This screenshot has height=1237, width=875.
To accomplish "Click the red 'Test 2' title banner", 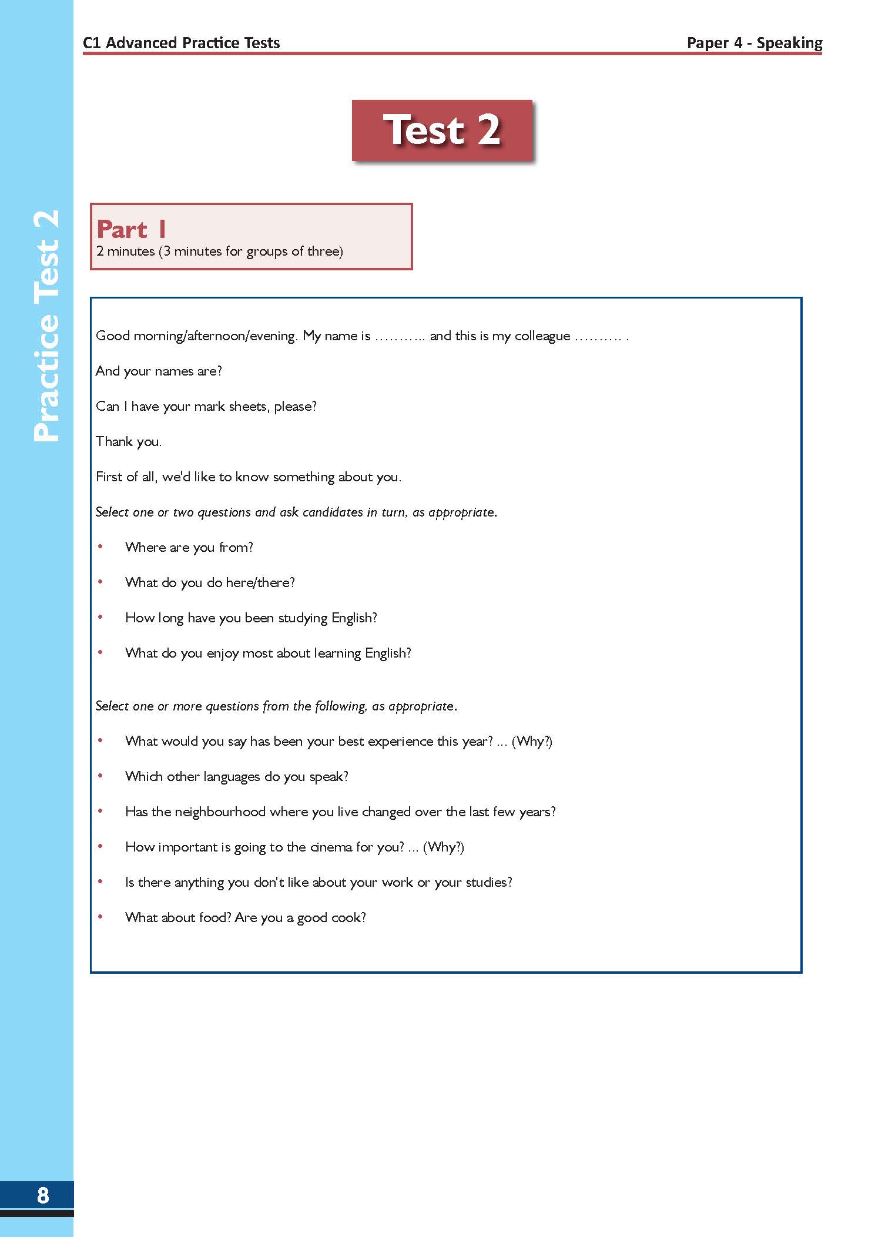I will (x=442, y=130).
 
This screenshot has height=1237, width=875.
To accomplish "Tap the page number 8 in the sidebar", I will (x=43, y=1195).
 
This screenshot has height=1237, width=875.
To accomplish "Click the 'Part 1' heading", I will (x=132, y=229).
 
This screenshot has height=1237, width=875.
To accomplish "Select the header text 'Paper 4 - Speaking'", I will (x=754, y=43).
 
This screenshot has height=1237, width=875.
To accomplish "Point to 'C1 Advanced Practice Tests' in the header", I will (x=181, y=43).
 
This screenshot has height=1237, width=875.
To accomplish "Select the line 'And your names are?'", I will (x=159, y=371).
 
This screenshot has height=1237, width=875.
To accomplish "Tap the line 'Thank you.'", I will (x=129, y=441).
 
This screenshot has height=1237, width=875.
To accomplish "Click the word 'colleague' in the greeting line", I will (x=542, y=336).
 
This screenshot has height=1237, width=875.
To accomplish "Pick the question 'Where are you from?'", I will (x=189, y=547).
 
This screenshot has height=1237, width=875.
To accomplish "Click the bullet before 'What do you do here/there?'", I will (x=100, y=582).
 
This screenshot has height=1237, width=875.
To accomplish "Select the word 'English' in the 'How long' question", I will (x=354, y=618).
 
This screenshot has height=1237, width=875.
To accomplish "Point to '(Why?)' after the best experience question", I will (x=532, y=741).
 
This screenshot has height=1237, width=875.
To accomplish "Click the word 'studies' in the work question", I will (x=488, y=882).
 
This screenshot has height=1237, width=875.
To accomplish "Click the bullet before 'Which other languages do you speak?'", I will (x=100, y=776).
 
